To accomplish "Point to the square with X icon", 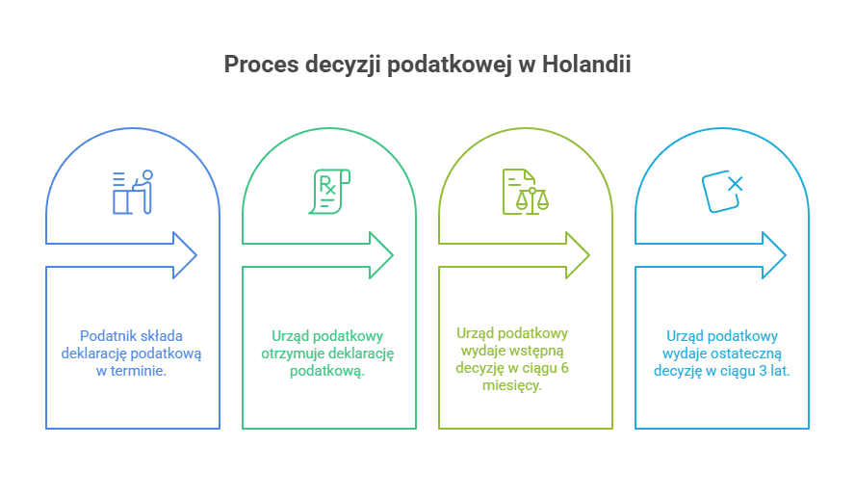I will click(x=721, y=190).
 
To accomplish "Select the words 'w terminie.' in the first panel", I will click(x=133, y=371).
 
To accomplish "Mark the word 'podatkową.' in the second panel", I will click(x=328, y=371).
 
